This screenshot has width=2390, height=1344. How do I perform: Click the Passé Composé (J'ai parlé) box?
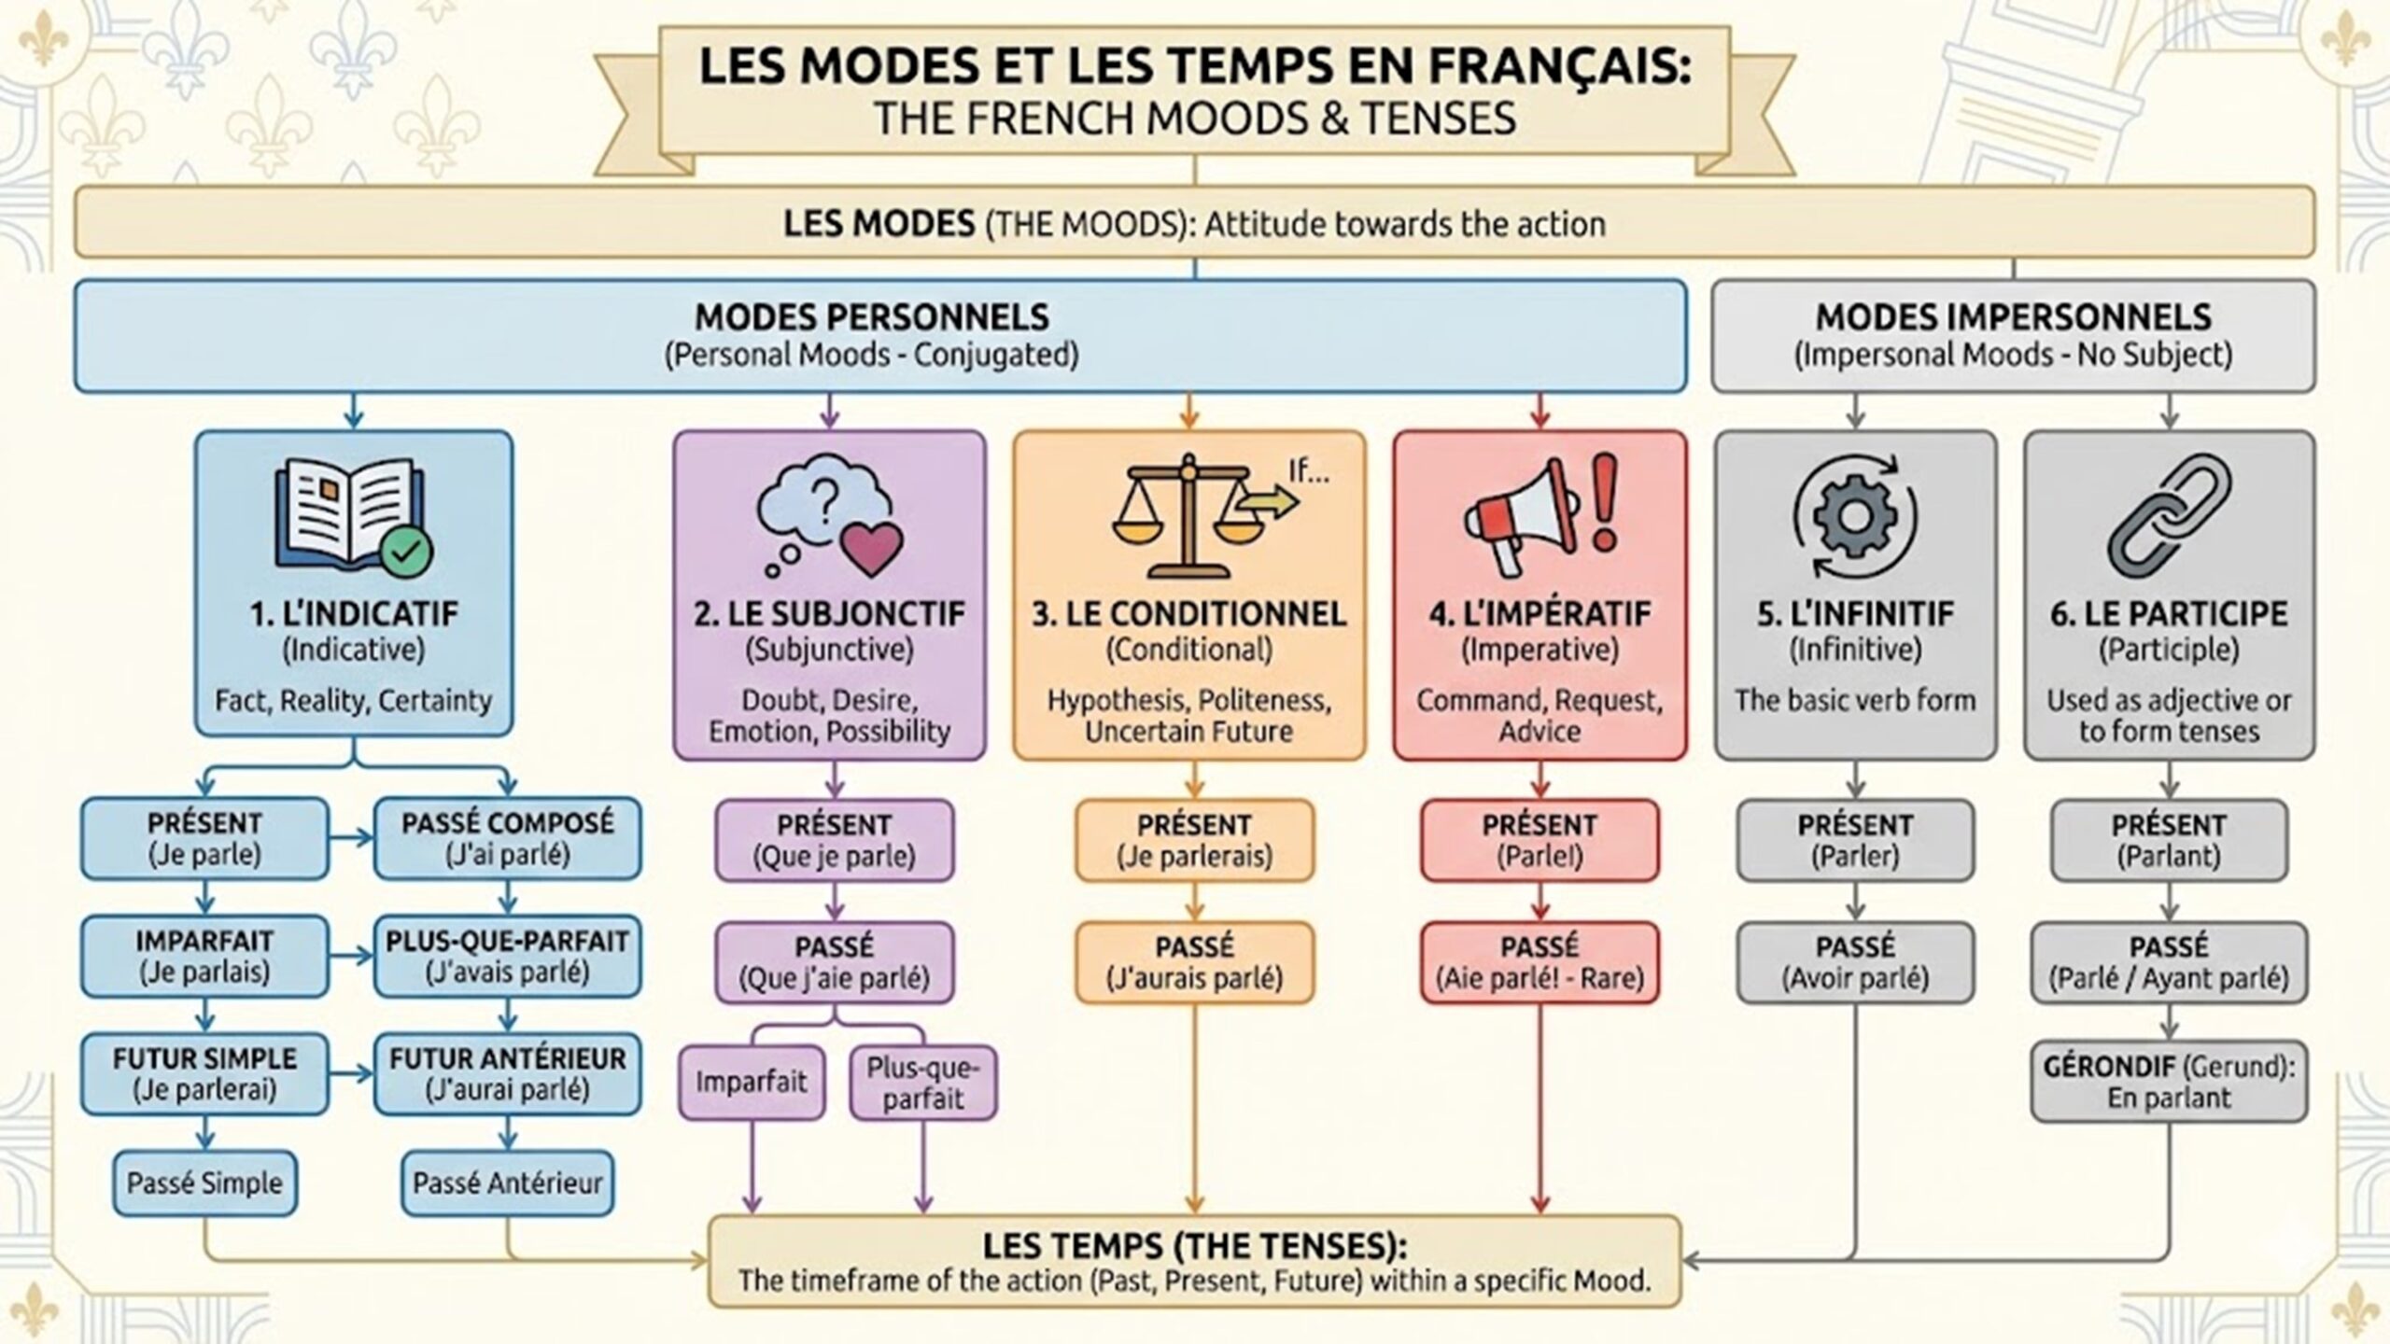point(508,838)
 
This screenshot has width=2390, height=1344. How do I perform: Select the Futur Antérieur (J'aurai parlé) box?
point(508,1073)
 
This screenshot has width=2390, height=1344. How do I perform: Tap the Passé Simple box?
point(204,1183)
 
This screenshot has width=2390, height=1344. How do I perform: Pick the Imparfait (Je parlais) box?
point(204,956)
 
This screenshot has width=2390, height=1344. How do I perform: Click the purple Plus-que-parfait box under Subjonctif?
point(922,1083)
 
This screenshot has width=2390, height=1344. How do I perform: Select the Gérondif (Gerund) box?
point(2169,1082)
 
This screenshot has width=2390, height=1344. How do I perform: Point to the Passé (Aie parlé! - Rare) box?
point(1539,962)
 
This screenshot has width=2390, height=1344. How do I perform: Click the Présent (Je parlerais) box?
point(1194,840)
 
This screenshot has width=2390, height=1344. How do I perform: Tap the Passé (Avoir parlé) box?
point(1855,962)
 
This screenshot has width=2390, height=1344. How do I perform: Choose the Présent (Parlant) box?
point(2169,840)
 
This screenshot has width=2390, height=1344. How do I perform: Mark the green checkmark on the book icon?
point(406,552)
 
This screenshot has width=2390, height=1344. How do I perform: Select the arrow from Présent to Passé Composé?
point(352,838)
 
